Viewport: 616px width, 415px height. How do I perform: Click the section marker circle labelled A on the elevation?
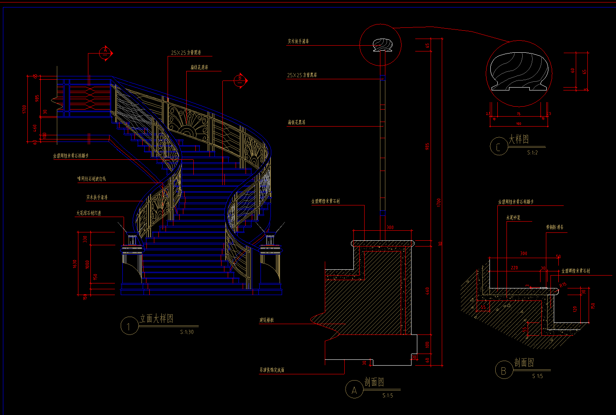pyautogui.click(x=105, y=52)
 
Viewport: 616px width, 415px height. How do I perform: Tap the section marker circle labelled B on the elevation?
pyautogui.click(x=240, y=81)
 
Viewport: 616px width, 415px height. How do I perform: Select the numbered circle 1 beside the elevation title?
pyautogui.click(x=129, y=326)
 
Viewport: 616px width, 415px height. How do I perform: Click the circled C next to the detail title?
pyautogui.click(x=498, y=146)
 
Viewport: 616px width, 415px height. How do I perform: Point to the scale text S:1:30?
pyautogui.click(x=187, y=332)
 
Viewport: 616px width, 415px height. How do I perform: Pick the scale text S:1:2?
pyautogui.click(x=532, y=153)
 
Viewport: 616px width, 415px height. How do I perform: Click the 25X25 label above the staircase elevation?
pyautogui.click(x=186, y=53)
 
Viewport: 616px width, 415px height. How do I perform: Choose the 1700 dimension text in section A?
pyautogui.click(x=438, y=203)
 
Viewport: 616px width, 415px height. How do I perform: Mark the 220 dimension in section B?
pyautogui.click(x=514, y=268)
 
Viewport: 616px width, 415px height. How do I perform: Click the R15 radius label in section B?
pyautogui.click(x=563, y=285)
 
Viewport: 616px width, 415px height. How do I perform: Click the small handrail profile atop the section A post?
pyautogui.click(x=382, y=45)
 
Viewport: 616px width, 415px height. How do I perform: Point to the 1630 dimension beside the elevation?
pyautogui.click(x=75, y=264)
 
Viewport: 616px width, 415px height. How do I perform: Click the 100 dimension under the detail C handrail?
pyautogui.click(x=519, y=124)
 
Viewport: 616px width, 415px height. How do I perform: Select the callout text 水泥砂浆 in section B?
pyautogui.click(x=513, y=217)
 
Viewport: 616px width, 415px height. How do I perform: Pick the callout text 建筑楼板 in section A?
pyautogui.click(x=266, y=320)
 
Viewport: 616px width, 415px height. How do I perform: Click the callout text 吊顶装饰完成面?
pyautogui.click(x=272, y=370)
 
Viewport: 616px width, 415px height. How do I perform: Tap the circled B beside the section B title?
pyautogui.click(x=504, y=370)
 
